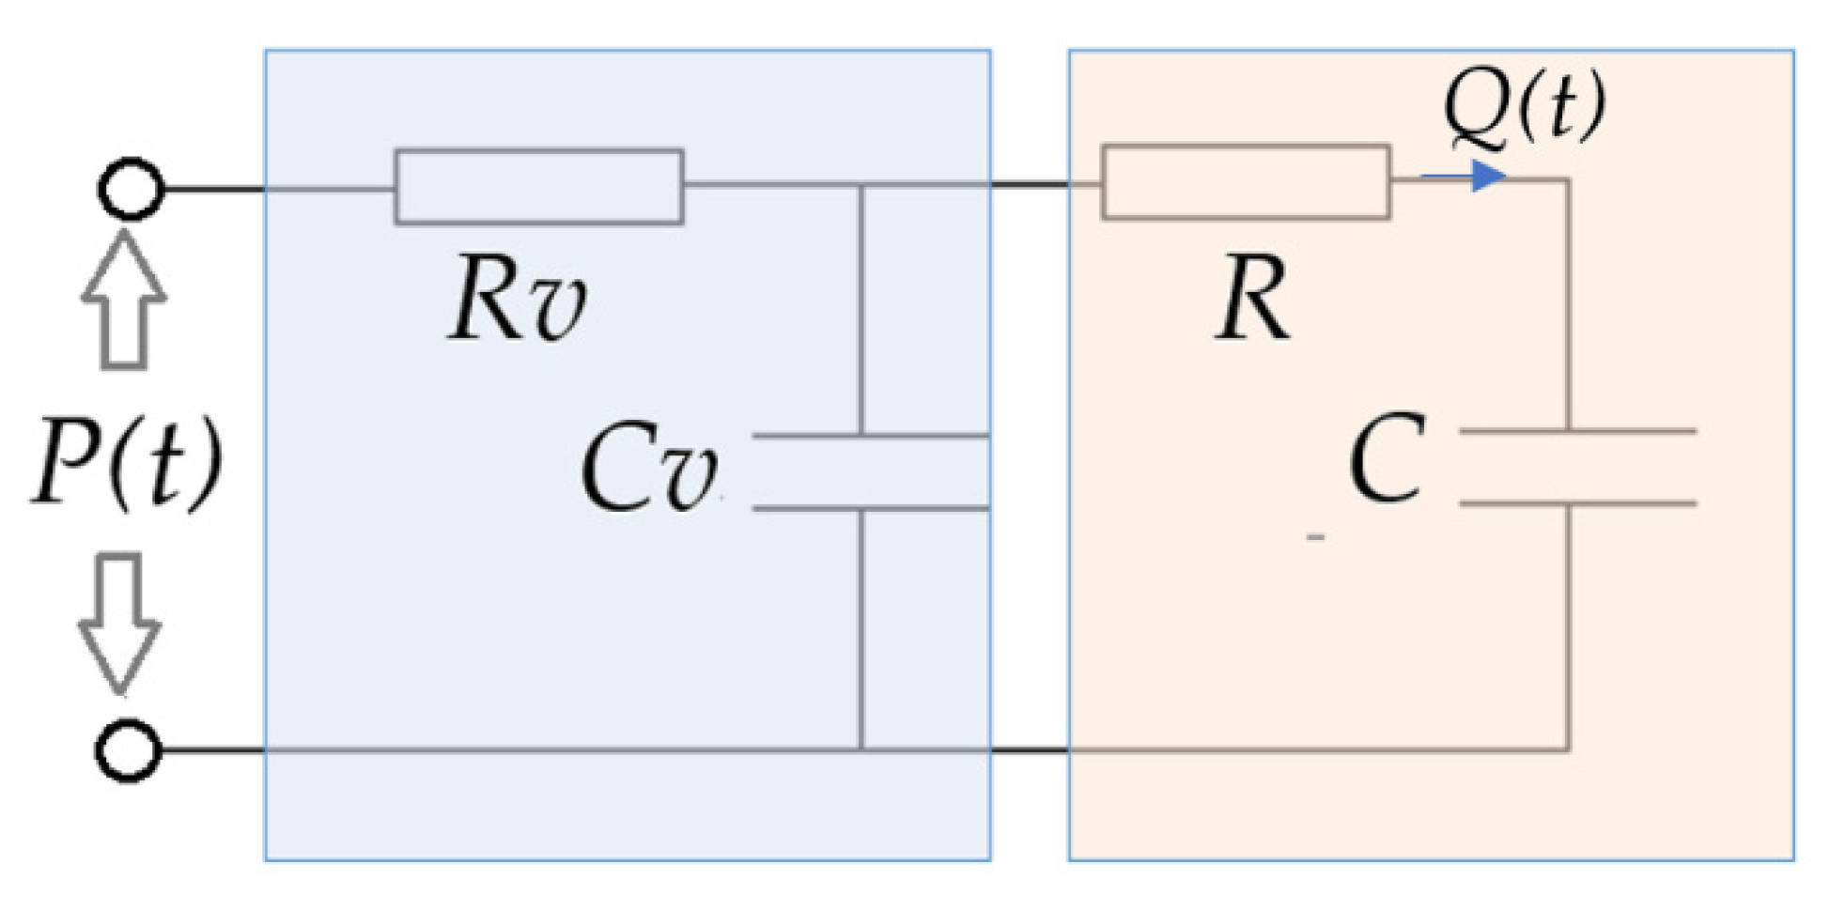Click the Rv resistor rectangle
(538, 186)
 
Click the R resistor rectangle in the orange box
(1245, 182)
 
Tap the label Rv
(516, 301)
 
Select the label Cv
(649, 468)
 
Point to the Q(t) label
(1523, 106)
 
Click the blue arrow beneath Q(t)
(1466, 176)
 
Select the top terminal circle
(131, 189)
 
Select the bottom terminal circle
(129, 749)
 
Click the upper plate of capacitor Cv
(870, 436)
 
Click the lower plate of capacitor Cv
(870, 508)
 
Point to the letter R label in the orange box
(1252, 301)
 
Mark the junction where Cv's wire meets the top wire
(861, 186)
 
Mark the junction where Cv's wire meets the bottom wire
(861, 749)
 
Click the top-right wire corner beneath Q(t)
(1567, 180)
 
